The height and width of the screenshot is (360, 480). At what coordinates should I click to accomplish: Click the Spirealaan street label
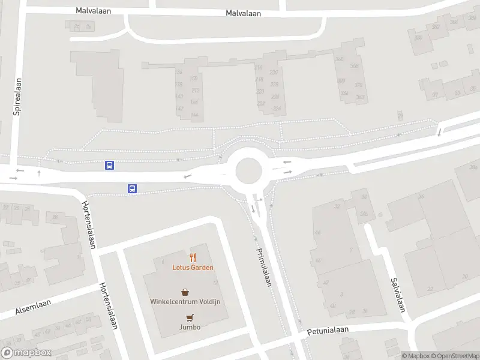(18, 95)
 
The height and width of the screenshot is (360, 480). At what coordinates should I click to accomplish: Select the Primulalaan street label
(264, 267)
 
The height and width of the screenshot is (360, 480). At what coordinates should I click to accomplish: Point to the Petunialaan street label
(328, 331)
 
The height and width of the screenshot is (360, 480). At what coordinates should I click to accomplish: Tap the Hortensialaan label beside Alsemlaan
(108, 306)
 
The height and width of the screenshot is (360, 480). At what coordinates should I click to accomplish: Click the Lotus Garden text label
(193, 268)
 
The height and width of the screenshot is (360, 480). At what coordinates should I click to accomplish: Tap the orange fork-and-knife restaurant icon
(193, 257)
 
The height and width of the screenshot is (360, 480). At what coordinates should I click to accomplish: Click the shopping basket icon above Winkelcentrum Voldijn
(185, 292)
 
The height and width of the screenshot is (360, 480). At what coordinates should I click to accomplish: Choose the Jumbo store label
(190, 327)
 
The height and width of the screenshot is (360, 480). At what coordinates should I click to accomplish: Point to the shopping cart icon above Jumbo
(190, 317)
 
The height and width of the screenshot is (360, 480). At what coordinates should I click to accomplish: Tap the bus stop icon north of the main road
(110, 165)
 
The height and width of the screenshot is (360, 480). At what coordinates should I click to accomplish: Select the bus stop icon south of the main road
(132, 188)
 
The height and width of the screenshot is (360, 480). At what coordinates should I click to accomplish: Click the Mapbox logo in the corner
(26, 353)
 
